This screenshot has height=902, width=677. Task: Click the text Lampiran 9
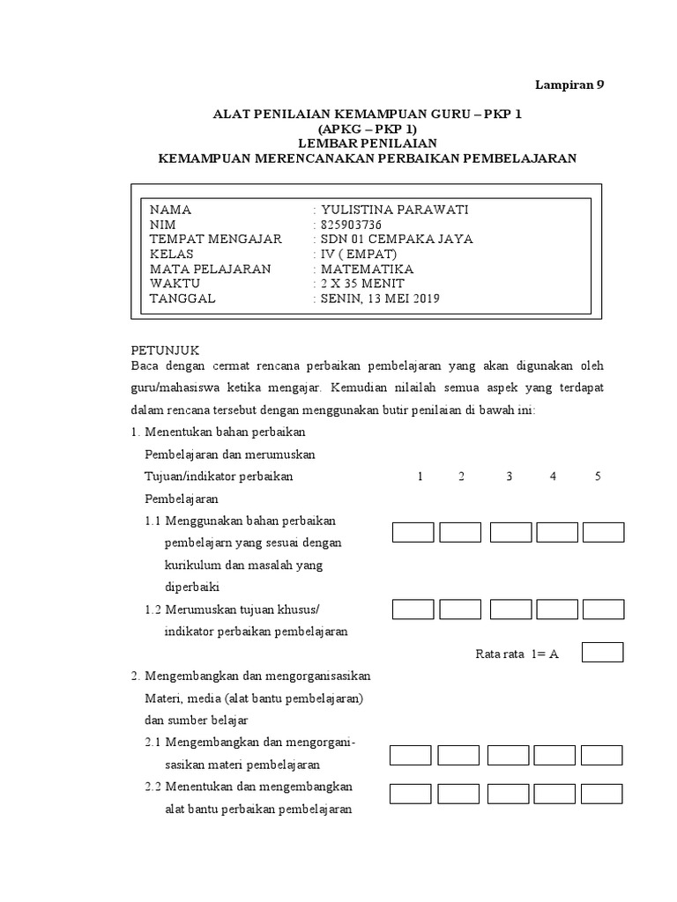tap(570, 85)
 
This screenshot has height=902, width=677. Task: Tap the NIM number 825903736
tap(352, 225)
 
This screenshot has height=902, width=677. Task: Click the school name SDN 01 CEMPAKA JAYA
tap(397, 239)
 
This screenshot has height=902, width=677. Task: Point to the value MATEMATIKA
tap(367, 269)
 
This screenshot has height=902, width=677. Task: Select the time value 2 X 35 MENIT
tap(362, 284)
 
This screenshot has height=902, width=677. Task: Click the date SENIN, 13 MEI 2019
tap(380, 299)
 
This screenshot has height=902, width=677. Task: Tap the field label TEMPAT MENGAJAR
tap(216, 239)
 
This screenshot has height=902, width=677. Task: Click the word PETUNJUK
tap(166, 350)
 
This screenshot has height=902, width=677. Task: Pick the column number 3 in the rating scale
tap(509, 477)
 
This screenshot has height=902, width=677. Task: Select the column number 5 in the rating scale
tap(598, 477)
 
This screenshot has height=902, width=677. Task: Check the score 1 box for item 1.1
tap(413, 532)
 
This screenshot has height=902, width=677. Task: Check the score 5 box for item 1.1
tap(603, 532)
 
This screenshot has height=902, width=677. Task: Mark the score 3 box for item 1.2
tap(510, 610)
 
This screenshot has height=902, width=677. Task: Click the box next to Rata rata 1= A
tap(603, 652)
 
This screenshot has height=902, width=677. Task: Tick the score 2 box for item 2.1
tap(458, 755)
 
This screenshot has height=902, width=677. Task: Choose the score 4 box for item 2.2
tap(555, 793)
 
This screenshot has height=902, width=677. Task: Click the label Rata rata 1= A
tap(517, 654)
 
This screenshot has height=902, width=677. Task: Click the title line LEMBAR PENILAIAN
tap(366, 143)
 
